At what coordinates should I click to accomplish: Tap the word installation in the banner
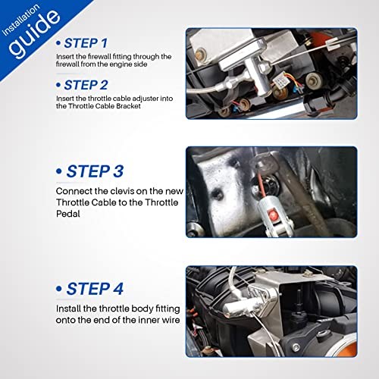click(20, 20)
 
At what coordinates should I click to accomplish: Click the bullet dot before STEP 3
click(59, 172)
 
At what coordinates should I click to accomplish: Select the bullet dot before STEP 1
click(58, 43)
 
